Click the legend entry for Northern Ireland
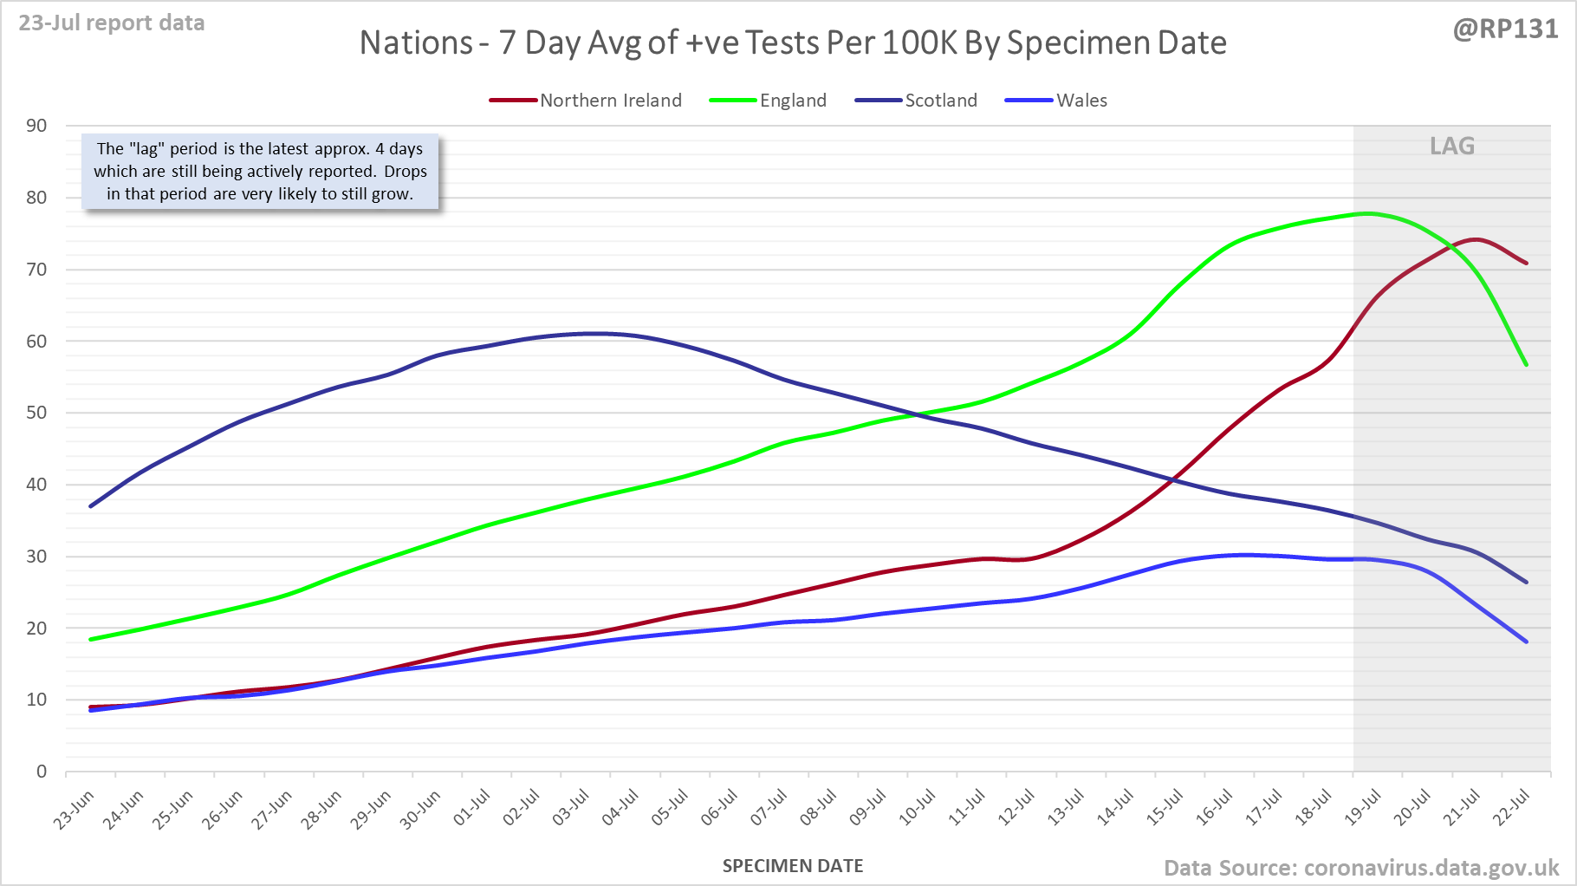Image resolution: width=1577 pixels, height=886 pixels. [610, 101]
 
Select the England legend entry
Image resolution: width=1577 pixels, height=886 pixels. [792, 101]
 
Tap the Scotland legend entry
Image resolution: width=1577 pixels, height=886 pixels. [940, 101]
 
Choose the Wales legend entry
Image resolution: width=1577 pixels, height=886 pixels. [1081, 101]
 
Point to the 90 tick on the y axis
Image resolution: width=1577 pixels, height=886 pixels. [36, 126]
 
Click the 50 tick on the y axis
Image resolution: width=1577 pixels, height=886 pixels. [36, 413]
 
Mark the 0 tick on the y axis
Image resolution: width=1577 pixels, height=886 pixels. [42, 772]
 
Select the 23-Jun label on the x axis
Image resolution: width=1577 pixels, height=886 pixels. [75, 810]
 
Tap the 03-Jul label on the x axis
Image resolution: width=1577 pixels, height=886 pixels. [571, 807]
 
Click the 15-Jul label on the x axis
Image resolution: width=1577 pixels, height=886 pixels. [1165, 807]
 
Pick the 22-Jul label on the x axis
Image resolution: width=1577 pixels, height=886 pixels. [1513, 807]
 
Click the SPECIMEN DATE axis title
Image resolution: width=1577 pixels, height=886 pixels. [793, 866]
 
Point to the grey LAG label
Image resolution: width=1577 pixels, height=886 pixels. [1452, 146]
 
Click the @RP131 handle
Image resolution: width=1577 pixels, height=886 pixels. [1505, 29]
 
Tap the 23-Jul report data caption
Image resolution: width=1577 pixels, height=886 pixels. [112, 23]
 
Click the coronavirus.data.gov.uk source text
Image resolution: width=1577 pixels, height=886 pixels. [1431, 868]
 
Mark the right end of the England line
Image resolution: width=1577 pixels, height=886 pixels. [1526, 365]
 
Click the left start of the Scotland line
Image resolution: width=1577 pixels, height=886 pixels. [91, 505]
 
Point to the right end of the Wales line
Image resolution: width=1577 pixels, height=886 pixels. [1526, 642]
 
